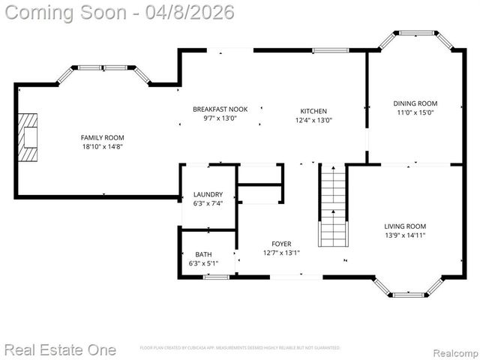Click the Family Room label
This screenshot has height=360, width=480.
click(x=102, y=137)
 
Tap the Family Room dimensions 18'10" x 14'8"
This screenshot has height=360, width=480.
click(x=102, y=148)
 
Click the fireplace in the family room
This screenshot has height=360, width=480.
click(x=28, y=138)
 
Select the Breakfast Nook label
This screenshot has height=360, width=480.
click(x=220, y=109)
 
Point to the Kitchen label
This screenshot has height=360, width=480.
click(x=313, y=111)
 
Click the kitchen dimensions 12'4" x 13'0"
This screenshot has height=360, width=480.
click(x=313, y=120)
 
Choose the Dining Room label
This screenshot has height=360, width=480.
click(x=415, y=103)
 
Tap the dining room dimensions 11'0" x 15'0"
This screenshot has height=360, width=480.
click(x=415, y=112)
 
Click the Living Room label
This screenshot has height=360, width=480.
click(x=405, y=226)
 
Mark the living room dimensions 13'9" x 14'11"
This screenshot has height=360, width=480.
click(x=405, y=235)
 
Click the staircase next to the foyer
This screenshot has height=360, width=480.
click(x=333, y=205)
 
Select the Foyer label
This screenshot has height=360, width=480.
click(x=281, y=244)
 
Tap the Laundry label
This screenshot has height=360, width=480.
click(x=208, y=194)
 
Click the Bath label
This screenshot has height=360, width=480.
click(x=203, y=254)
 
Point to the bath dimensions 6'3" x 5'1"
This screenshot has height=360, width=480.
click(x=203, y=263)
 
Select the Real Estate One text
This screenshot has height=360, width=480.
click(x=60, y=349)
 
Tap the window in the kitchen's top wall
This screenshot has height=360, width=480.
click(x=330, y=50)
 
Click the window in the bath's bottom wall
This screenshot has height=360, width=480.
click(x=216, y=277)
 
